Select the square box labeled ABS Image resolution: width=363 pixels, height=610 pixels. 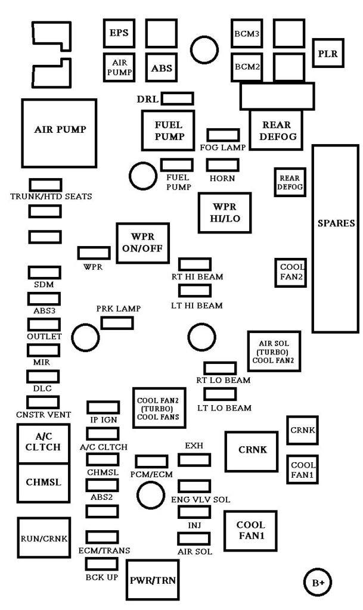pyautogui.click(x=161, y=68)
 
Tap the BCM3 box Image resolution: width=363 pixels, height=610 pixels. pyautogui.click(x=247, y=34)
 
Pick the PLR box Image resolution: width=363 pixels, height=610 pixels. pyautogui.click(x=327, y=54)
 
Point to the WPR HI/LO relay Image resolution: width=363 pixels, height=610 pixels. pyautogui.click(x=225, y=213)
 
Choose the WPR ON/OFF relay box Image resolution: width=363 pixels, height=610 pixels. pyautogui.click(x=140, y=244)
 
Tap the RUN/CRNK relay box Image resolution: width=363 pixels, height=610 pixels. pyautogui.click(x=43, y=538)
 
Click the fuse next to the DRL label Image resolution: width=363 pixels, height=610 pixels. pyautogui.click(x=178, y=98)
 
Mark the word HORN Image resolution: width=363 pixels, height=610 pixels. pyautogui.click(x=222, y=179)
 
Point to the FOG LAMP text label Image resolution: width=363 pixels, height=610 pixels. pyautogui.click(x=222, y=147)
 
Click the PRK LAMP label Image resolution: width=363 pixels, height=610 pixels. pyautogui.click(x=119, y=309)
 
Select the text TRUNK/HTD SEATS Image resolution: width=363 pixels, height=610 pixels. pyautogui.click(x=51, y=197)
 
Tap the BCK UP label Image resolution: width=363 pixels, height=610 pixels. pyautogui.click(x=101, y=578)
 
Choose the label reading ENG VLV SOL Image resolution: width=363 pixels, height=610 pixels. pyautogui.click(x=200, y=500)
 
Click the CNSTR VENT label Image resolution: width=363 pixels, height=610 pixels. pyautogui.click(x=44, y=415)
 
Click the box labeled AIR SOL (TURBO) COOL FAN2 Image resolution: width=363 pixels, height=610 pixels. pyautogui.click(x=274, y=351)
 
